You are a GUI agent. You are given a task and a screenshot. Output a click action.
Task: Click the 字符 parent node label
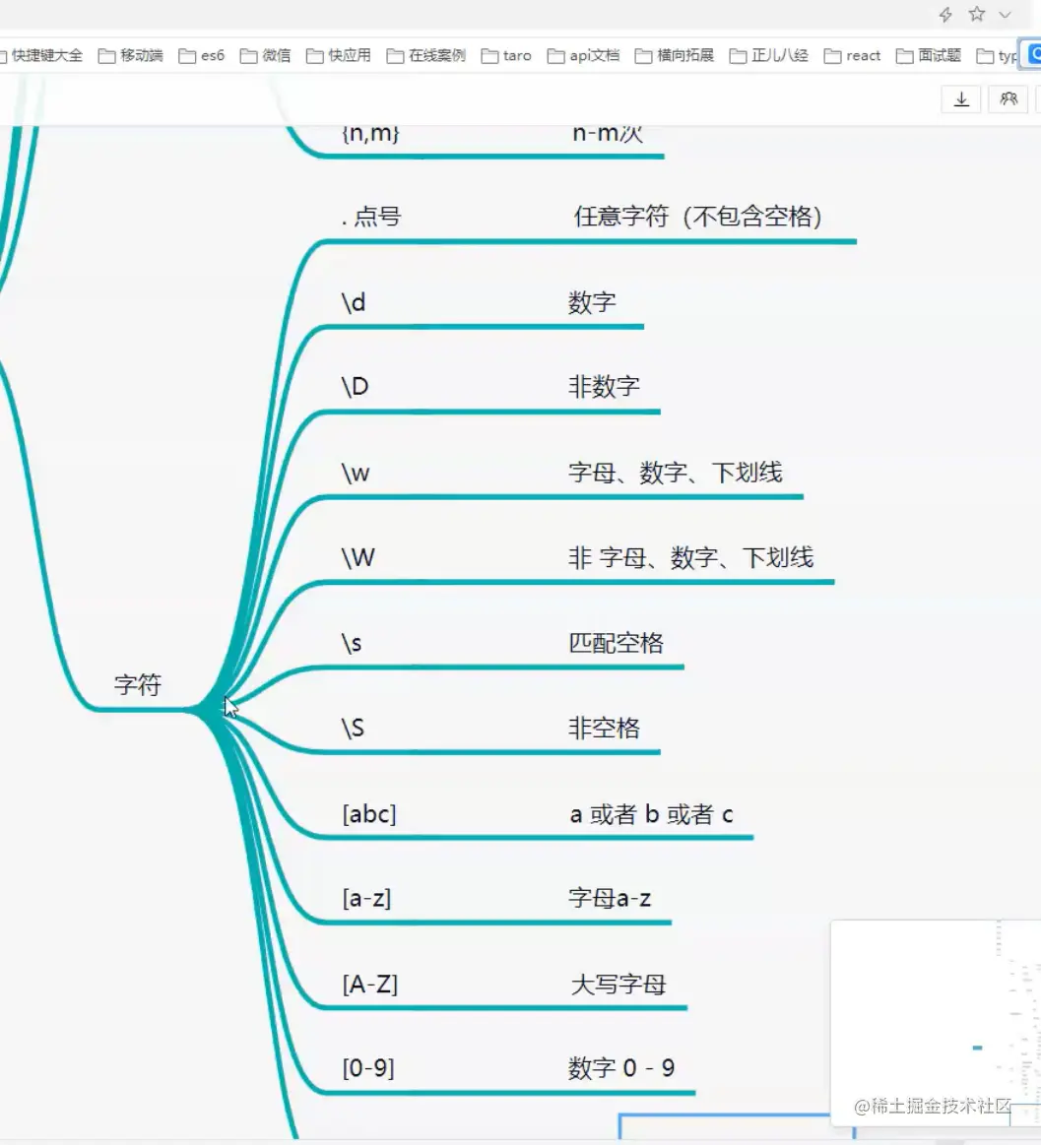(137, 685)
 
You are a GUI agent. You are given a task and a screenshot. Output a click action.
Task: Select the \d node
(354, 302)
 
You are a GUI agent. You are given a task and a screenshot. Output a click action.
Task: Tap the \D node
(355, 387)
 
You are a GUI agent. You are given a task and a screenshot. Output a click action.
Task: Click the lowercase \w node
(356, 473)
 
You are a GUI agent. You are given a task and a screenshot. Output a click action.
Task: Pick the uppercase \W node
(358, 558)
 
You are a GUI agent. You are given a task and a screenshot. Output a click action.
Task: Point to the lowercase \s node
(352, 644)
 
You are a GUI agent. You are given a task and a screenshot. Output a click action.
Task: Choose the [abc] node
(369, 814)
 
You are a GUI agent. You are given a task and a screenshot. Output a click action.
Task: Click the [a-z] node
(366, 899)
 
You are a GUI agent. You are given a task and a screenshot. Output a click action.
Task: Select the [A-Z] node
(370, 984)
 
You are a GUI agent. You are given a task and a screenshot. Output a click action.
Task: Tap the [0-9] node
(368, 1068)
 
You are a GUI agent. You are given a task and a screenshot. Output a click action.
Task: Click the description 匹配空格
(617, 644)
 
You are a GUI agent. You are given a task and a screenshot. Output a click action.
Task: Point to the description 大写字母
(618, 984)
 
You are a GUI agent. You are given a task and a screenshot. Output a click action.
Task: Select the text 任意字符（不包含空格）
(698, 217)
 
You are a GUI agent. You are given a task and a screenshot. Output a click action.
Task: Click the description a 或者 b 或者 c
(651, 814)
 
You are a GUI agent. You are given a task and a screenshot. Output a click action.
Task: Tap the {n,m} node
(370, 133)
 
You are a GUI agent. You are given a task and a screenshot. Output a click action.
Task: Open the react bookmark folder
(853, 56)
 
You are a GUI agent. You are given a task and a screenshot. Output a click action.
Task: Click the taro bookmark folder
(507, 56)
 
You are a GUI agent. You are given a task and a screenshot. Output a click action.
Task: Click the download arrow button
(961, 99)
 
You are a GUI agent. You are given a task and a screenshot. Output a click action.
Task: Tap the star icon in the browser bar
(976, 15)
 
